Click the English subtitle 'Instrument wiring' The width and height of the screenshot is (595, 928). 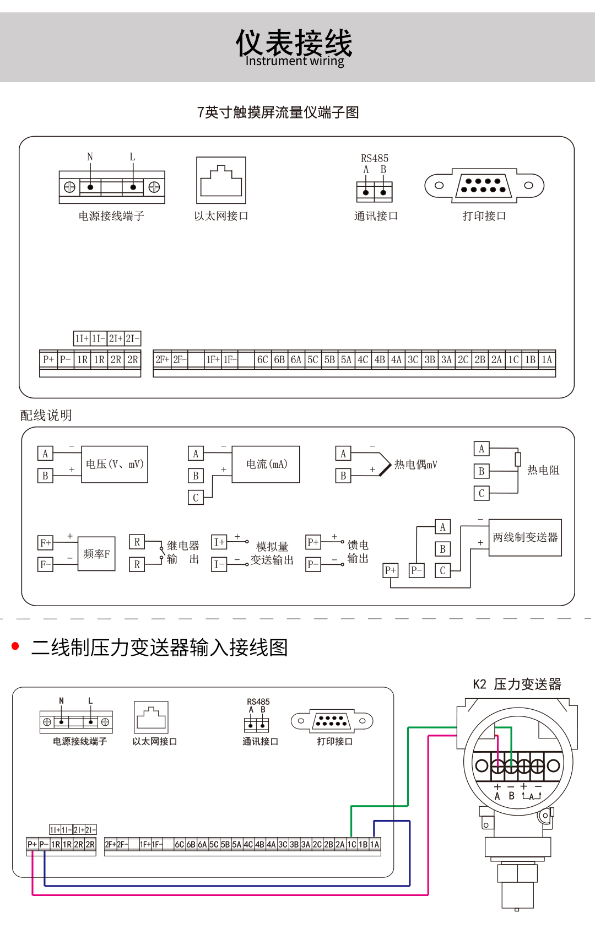tap(295, 61)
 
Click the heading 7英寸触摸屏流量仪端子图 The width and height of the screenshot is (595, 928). tap(278, 112)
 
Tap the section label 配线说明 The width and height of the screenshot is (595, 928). tap(46, 415)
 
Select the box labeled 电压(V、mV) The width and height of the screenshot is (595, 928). tap(115, 465)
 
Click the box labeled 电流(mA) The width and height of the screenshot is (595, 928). tap(266, 465)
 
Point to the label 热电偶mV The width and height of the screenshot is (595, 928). tap(416, 465)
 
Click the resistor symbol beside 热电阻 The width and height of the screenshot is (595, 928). tap(518, 459)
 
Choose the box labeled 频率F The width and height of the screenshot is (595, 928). tap(96, 554)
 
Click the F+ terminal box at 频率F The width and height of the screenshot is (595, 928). tap(45, 543)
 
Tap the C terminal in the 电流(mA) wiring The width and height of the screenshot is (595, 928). tap(196, 498)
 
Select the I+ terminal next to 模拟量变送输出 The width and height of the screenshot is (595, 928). tap(219, 542)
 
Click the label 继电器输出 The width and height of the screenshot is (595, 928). tap(183, 552)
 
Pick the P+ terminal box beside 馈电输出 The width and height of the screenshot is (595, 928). tap(313, 542)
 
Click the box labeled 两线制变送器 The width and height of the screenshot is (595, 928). tap(525, 537)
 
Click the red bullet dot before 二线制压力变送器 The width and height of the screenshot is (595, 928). tap(15, 646)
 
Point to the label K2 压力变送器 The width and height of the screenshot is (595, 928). tap(517, 684)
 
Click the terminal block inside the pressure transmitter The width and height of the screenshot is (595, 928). tap(518, 765)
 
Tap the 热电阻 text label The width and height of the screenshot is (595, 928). tap(543, 470)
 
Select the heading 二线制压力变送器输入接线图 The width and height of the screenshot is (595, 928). tap(160, 648)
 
